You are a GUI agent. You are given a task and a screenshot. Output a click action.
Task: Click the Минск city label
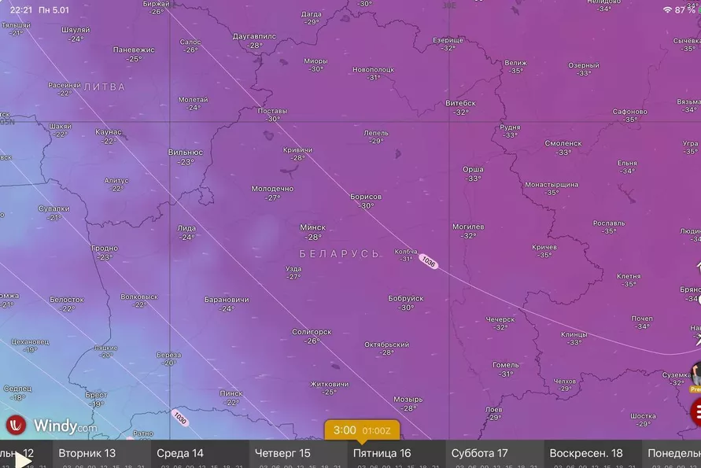312,227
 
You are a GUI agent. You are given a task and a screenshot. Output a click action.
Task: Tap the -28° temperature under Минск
313,237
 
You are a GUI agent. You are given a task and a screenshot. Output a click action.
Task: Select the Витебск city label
460,103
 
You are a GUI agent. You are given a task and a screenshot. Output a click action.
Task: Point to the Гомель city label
505,365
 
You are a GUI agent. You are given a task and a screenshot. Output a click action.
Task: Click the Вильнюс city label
186,153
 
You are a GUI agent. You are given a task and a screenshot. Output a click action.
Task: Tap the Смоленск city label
563,143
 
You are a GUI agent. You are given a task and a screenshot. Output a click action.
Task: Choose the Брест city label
96,394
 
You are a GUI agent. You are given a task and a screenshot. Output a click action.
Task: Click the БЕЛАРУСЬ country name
339,254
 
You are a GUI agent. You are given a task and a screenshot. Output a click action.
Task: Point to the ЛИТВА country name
104,87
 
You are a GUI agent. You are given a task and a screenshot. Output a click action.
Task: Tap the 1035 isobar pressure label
428,260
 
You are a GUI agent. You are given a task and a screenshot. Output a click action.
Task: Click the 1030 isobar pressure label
180,418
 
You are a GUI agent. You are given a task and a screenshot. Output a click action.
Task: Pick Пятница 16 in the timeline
382,453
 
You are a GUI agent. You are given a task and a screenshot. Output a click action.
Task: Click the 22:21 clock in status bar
21,9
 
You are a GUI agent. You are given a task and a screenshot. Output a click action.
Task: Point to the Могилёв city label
468,227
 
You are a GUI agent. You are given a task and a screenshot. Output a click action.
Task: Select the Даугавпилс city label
254,36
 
